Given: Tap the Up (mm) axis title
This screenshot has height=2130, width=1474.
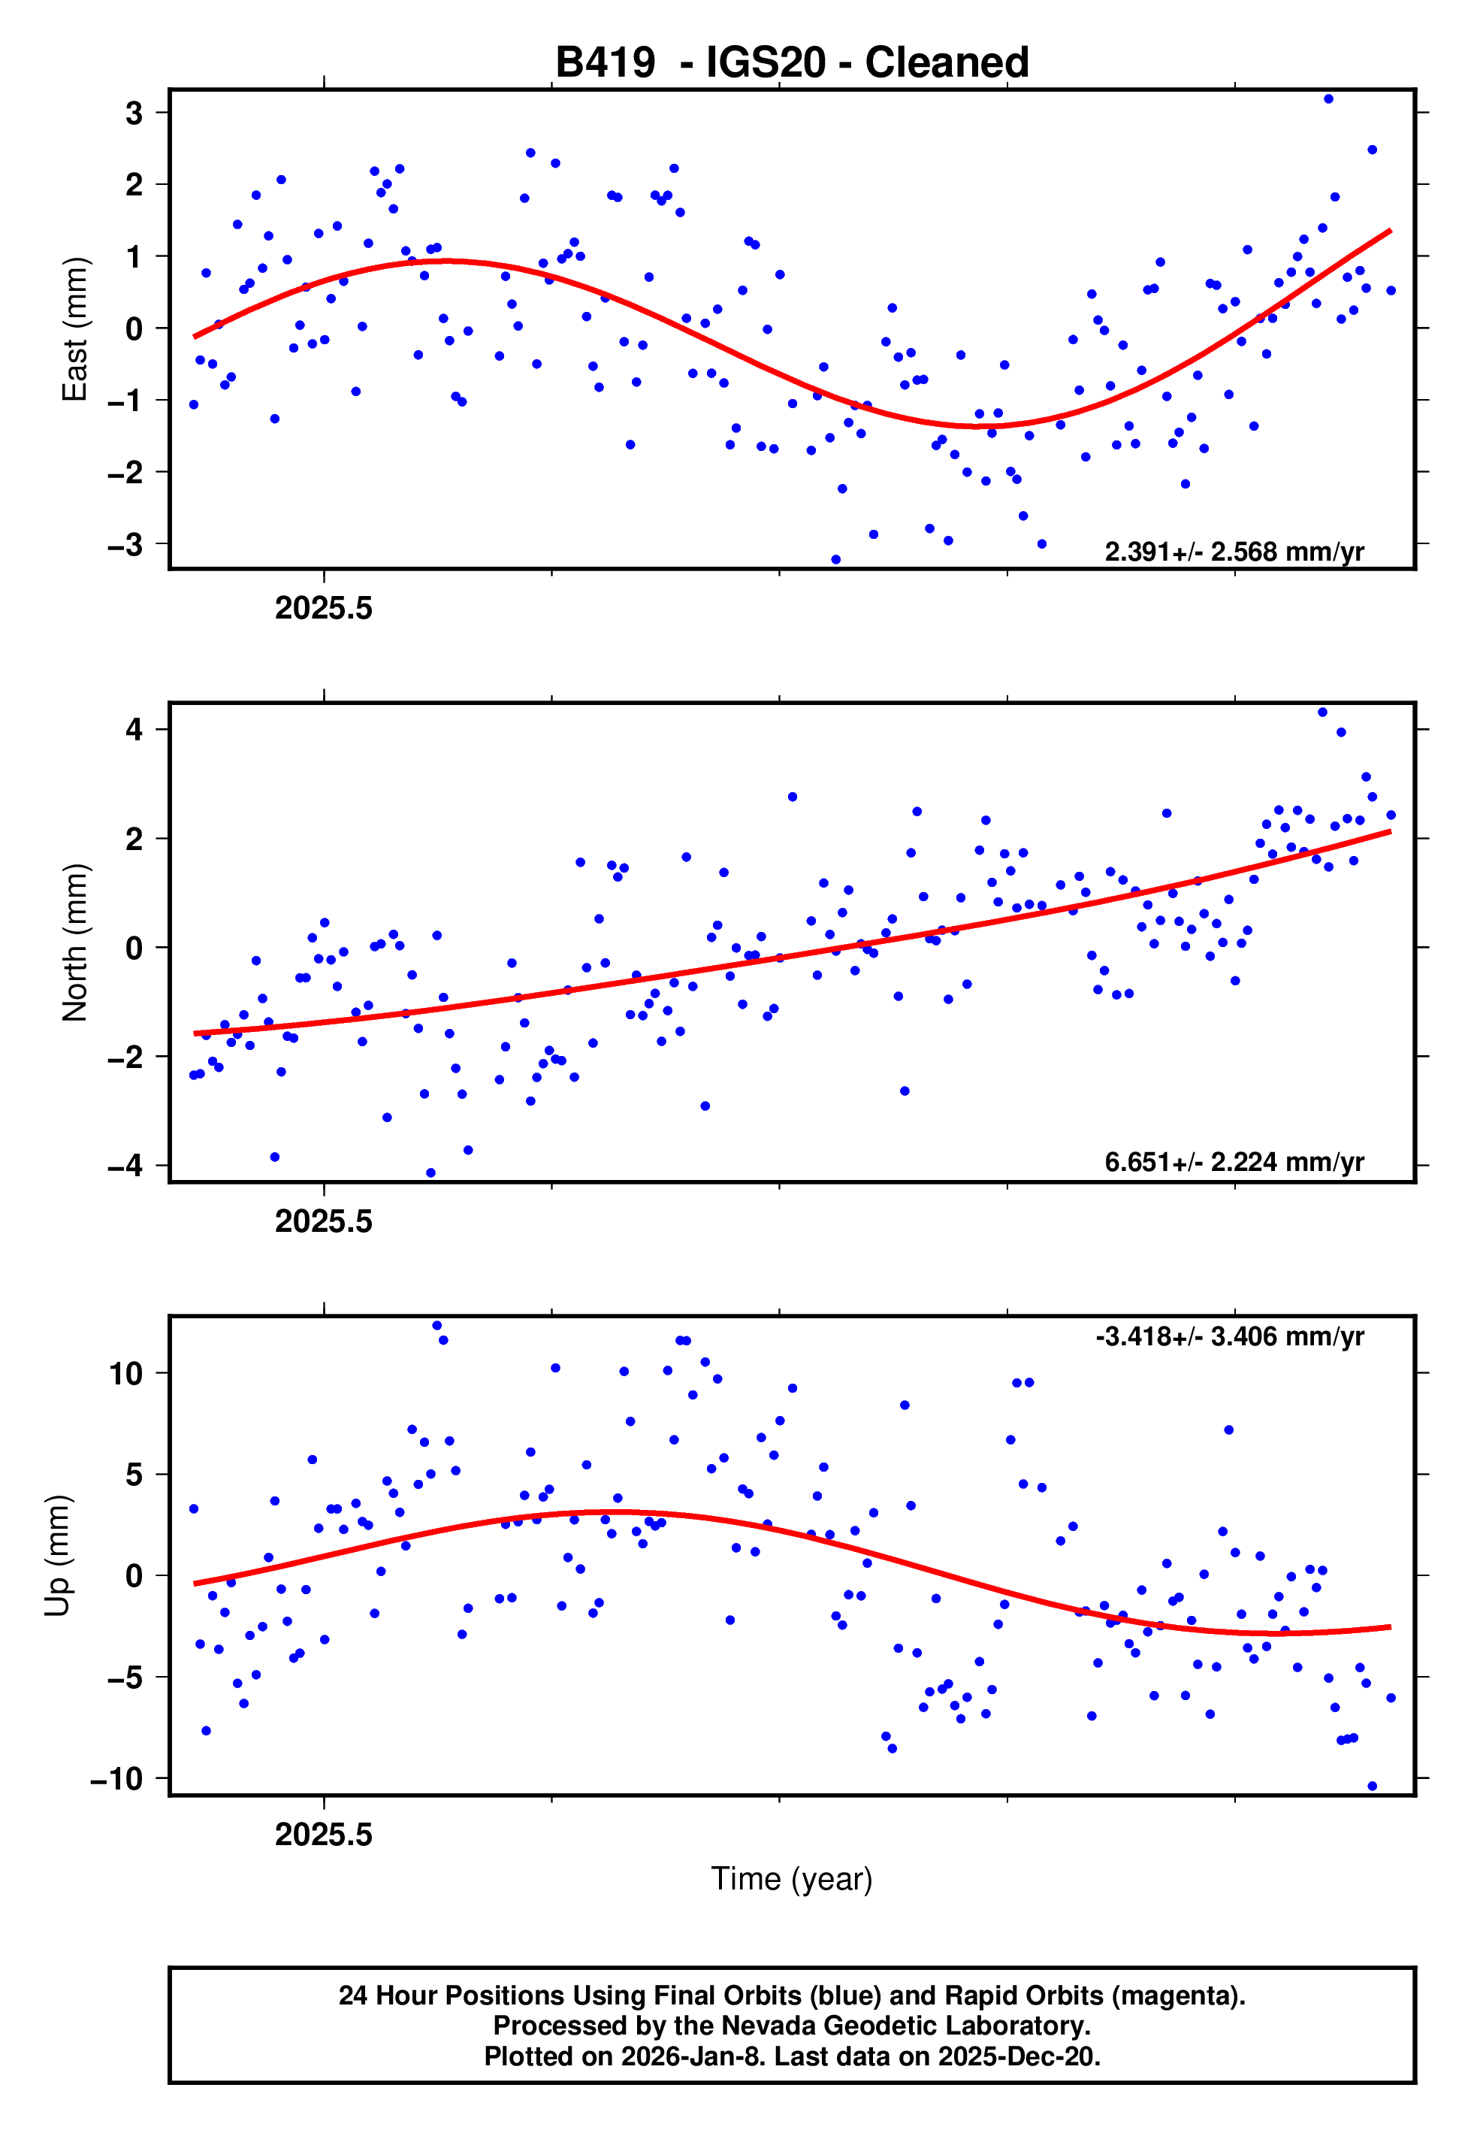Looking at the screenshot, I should coord(57,1556).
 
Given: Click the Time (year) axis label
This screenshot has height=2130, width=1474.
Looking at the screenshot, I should coord(792,1879).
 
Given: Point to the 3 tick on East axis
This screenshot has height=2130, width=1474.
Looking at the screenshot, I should coord(134,113).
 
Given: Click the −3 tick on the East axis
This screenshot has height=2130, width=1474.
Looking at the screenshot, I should coord(125,544).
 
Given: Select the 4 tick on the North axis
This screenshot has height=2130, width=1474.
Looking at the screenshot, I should coord(134,730).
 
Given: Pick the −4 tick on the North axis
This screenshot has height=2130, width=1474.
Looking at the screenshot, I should coord(125,1166).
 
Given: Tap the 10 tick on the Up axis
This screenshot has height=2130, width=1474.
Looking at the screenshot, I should coord(126,1373).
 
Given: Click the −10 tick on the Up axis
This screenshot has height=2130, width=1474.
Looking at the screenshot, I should coord(117,1778).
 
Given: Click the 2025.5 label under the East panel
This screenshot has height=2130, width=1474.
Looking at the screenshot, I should coord(323,609).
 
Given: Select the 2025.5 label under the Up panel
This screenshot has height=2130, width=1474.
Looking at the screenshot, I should coord(323,1835).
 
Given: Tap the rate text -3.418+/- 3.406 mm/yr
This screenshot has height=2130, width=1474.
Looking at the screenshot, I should coord(1229,1336).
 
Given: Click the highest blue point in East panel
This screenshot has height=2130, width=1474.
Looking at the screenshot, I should coord(1328,98).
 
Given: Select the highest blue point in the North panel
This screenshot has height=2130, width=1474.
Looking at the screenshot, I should coord(1322,713).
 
